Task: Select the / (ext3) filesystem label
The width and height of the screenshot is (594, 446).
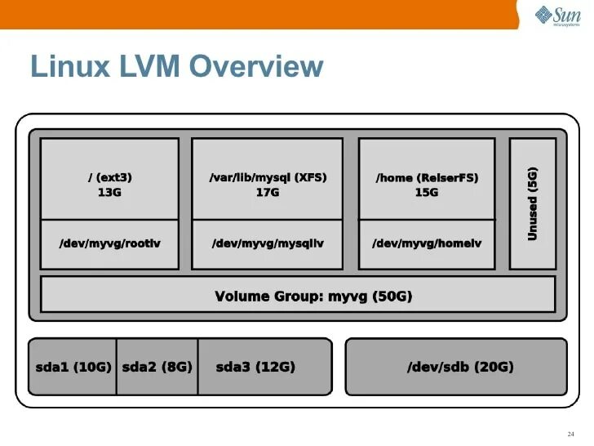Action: click(109, 177)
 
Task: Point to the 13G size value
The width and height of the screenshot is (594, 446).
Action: click(109, 193)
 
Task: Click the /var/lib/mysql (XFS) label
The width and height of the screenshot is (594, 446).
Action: click(268, 177)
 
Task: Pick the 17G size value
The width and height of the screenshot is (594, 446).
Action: click(268, 193)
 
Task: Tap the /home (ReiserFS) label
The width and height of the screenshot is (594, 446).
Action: click(427, 177)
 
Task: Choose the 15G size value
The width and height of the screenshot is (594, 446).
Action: click(427, 193)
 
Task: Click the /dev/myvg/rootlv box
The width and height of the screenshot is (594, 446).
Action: click(109, 244)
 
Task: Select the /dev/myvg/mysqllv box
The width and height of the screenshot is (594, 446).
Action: click(268, 244)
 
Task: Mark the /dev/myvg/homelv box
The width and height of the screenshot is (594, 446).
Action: click(427, 244)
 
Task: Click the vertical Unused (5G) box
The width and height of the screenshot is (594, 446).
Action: click(533, 203)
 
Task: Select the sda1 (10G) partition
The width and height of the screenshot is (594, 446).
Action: click(73, 367)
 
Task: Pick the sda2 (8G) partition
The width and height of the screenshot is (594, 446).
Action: click(157, 367)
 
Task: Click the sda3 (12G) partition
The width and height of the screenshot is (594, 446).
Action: click(255, 367)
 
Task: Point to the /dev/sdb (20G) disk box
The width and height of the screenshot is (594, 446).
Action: click(456, 367)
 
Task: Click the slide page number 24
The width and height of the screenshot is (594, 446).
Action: click(570, 434)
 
